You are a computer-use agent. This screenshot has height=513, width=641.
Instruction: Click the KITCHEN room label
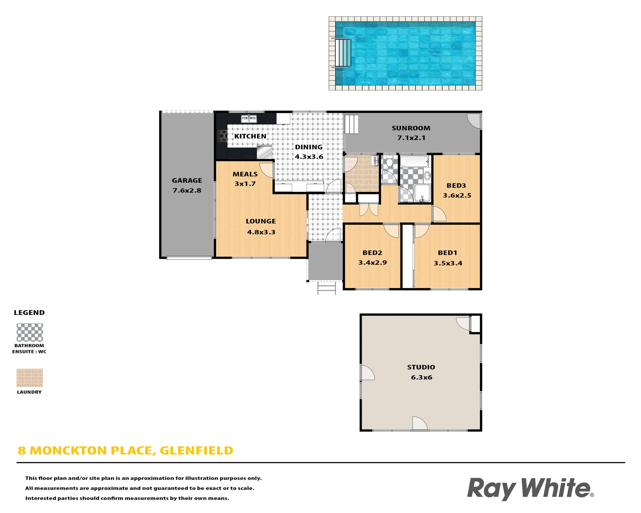pyautogui.click(x=250, y=136)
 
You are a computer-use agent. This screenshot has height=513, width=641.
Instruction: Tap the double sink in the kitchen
pyautogui.click(x=249, y=118)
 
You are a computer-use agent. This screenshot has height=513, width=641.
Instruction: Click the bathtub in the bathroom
pyautogui.click(x=414, y=162)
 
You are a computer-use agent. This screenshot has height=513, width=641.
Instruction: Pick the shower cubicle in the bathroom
pyautogui.click(x=422, y=193)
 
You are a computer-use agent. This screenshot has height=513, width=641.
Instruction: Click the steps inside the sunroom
pyautogui.click(x=351, y=124)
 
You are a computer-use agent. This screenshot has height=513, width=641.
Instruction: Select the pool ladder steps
pyautogui.click(x=343, y=53)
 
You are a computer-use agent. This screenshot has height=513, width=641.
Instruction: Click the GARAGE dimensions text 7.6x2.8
pyautogui.click(x=187, y=190)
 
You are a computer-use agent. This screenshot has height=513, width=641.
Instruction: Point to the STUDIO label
pyautogui.click(x=421, y=367)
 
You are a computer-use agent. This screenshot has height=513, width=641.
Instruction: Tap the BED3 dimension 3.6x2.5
pyautogui.click(x=457, y=195)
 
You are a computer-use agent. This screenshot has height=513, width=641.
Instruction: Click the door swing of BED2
pyautogui.click(x=391, y=230)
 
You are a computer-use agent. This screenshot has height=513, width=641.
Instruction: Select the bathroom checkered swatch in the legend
pyautogui.click(x=30, y=332)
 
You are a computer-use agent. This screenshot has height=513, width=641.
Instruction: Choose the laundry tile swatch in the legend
pyautogui.click(x=30, y=378)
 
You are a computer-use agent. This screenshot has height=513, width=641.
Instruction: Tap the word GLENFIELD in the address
pyautogui.click(x=196, y=451)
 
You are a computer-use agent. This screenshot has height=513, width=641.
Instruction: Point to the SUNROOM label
pyautogui.click(x=411, y=128)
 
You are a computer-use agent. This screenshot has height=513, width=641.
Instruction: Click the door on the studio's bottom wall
pyautogui.click(x=420, y=423)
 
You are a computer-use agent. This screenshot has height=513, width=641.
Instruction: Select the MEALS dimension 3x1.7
pyautogui.click(x=245, y=184)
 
